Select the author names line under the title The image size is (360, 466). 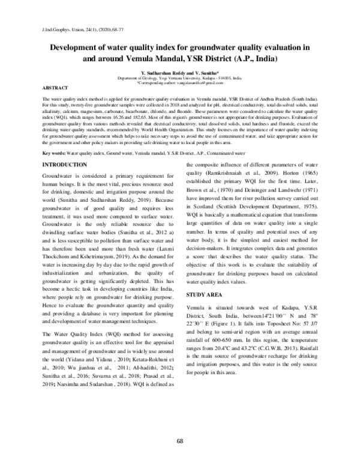[x=180, y=71]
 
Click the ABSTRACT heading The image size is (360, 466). [x=52, y=88]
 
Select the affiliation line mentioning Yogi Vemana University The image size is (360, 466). [x=180, y=77]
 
